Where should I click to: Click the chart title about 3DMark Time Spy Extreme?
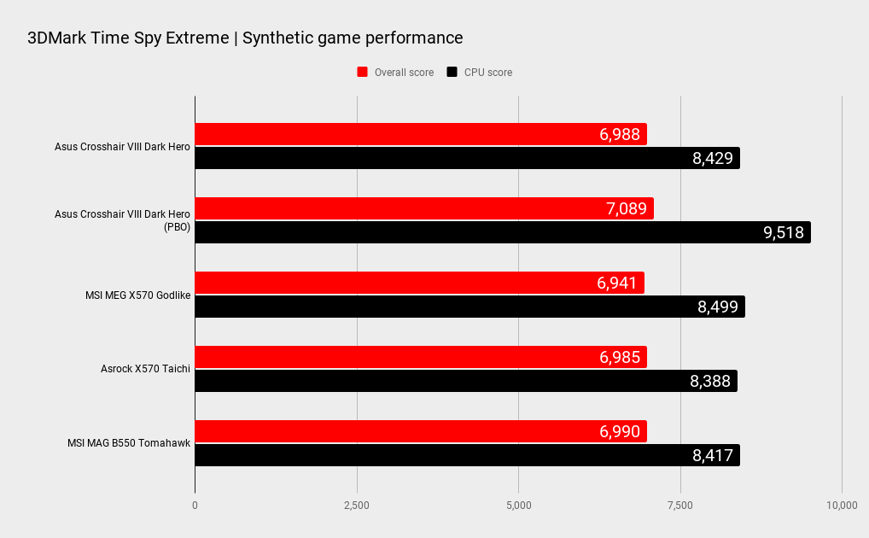pos(245,38)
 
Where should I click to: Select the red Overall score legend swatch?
pos(362,73)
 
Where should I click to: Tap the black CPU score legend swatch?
pos(452,73)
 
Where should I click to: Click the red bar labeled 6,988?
pos(420,134)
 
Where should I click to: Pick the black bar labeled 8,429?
pos(467,158)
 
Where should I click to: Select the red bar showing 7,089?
pos(423,208)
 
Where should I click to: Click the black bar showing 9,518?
pos(502,232)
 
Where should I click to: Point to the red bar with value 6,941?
pos(419,283)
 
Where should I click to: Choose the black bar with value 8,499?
pos(469,307)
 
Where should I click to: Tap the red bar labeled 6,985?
pos(420,357)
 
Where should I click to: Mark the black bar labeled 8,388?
pos(465,381)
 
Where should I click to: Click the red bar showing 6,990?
pos(420,431)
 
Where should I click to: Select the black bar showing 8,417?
pos(467,455)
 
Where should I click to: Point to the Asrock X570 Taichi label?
pos(145,369)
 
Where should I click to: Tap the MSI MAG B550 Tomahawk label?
pos(129,443)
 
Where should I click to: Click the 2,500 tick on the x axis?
pos(357,506)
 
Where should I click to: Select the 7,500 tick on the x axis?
pos(680,506)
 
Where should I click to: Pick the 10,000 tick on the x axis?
pos(842,506)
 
